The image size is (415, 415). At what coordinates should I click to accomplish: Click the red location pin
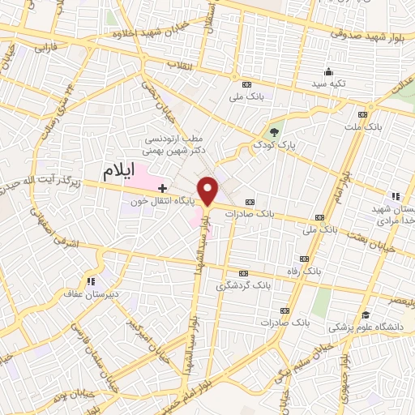[x=209, y=190]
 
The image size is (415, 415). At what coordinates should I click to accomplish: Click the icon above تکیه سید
[x=327, y=71]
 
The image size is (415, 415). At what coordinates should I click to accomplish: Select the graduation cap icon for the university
[x=366, y=314]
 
